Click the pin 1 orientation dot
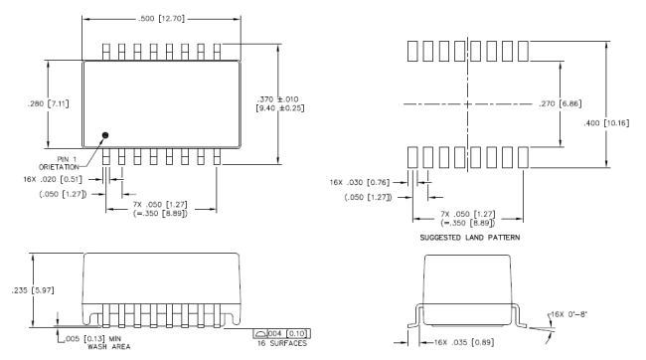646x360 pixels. [105, 135]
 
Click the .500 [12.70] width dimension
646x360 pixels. [161, 19]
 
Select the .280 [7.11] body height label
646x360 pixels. [49, 103]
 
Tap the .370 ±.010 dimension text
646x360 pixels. [277, 99]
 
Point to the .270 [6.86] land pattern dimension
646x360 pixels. [561, 103]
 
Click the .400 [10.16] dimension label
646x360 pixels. [606, 123]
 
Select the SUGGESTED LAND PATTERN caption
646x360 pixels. [470, 238]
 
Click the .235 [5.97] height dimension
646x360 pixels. [33, 290]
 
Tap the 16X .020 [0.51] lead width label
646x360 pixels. [53, 179]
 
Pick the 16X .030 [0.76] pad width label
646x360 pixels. [359, 182]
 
